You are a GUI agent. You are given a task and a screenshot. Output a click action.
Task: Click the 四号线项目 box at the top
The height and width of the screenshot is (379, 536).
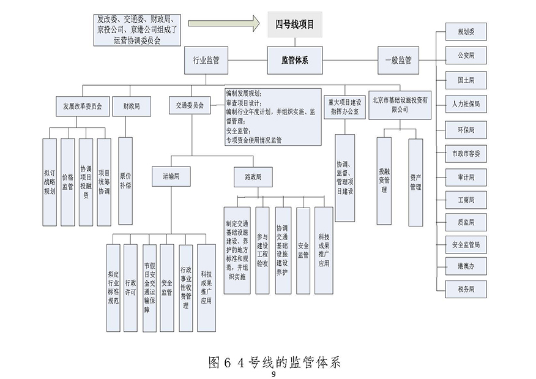pos(294,24)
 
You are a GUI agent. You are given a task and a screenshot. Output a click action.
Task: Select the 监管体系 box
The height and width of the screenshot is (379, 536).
pos(294,59)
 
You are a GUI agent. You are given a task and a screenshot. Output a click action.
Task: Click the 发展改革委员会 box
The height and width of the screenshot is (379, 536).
pos(82,105)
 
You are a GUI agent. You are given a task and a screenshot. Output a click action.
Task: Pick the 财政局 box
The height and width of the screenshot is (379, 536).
pos(132,105)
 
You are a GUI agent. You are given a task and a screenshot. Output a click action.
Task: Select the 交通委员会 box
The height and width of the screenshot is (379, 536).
pos(190,105)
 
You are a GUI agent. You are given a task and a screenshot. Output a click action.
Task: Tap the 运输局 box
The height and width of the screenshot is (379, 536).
pos(171,176)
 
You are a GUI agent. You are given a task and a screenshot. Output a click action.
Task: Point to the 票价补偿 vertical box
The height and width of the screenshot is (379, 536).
pos(125,174)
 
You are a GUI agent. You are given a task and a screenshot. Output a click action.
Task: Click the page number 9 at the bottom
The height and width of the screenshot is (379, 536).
pos(274,374)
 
